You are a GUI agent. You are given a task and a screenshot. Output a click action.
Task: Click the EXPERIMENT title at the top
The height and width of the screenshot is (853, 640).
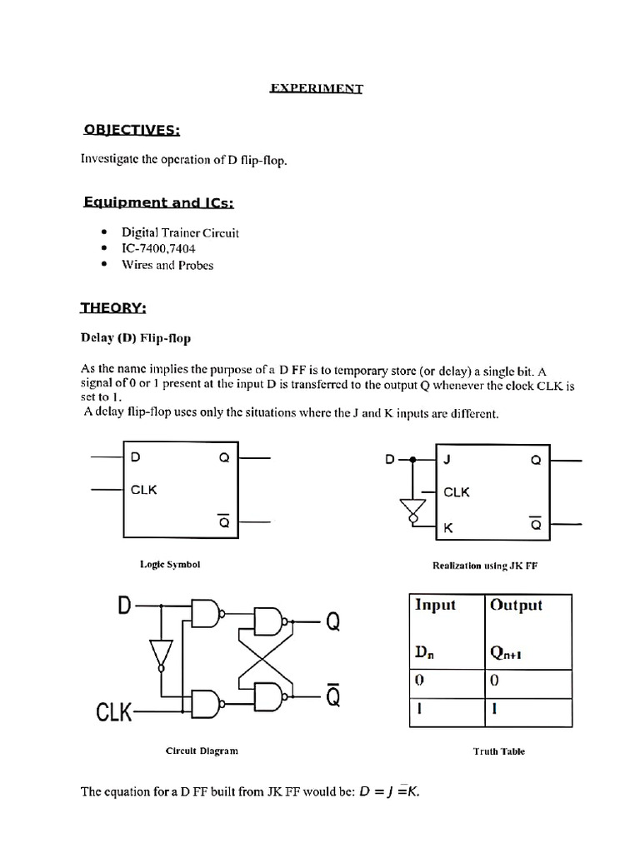[x=316, y=88]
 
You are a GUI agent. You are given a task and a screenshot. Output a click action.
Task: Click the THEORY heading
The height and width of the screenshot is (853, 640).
[x=113, y=308]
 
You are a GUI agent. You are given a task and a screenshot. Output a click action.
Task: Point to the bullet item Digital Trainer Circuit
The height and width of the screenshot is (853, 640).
[x=180, y=233]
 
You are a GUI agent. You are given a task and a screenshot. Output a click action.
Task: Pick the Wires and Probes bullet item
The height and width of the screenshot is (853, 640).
[x=167, y=266]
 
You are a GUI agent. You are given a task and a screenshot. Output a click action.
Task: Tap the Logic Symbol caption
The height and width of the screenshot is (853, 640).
[x=170, y=564]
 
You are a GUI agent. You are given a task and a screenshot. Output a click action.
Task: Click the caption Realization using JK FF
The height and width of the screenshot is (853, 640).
[x=485, y=565]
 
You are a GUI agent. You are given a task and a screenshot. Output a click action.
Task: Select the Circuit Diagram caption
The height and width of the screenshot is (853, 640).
[x=202, y=751]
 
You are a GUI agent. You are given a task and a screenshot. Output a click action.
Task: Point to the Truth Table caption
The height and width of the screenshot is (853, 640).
[x=499, y=751]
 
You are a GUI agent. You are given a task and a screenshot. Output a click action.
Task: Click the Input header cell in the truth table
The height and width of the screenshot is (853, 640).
[x=435, y=605]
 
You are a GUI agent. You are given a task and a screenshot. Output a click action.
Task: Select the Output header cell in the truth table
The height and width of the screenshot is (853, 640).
[x=516, y=605]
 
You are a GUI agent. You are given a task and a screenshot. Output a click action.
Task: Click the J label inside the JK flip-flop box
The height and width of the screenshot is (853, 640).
[x=447, y=460]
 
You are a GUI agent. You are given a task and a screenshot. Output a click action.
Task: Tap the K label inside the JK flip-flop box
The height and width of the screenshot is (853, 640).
[x=448, y=527]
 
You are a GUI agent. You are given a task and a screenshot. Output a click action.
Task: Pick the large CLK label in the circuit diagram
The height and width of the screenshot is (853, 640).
[x=114, y=713]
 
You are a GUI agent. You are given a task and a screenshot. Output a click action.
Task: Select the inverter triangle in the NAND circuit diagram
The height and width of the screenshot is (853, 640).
[x=161, y=652]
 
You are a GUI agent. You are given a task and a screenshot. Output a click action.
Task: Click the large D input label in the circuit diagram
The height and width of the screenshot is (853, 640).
[x=125, y=608]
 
